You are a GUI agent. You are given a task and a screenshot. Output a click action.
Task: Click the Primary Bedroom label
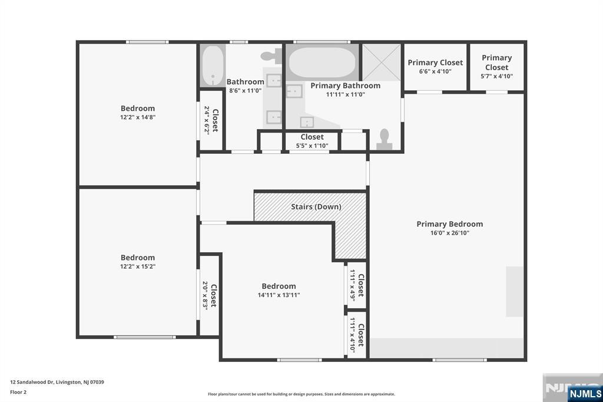point(449,224)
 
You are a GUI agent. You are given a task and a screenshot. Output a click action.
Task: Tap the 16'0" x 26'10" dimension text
point(449,233)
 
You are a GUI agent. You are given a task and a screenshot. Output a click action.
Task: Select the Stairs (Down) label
point(316,207)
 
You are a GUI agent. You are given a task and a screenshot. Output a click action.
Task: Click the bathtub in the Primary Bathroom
point(322,62)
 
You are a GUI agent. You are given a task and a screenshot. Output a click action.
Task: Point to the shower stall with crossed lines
point(382,62)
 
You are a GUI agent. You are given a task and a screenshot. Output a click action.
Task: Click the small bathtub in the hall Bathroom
point(212,65)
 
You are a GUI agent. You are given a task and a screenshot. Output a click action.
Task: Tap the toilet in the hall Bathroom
point(272,56)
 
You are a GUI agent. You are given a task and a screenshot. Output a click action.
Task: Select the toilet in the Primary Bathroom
point(384,140)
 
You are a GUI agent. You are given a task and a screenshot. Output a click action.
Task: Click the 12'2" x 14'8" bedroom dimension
point(138,117)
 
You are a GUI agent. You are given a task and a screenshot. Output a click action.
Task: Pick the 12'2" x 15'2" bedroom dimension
point(138,266)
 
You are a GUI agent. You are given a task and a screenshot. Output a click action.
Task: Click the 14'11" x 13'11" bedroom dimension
point(279,295)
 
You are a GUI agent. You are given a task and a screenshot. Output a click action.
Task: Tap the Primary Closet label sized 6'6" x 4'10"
point(435,62)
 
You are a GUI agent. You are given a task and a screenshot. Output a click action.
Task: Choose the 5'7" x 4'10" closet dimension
point(497,76)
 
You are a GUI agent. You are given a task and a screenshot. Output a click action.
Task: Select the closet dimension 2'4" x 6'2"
point(207,120)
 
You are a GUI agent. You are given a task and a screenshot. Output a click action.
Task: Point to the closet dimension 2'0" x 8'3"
point(206,295)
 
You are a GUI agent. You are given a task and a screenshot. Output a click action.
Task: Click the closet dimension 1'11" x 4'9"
point(352,285)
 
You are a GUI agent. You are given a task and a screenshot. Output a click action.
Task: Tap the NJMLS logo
point(585,394)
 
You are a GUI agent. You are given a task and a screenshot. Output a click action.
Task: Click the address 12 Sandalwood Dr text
point(31,383)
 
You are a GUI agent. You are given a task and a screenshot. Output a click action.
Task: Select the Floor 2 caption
point(18,393)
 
